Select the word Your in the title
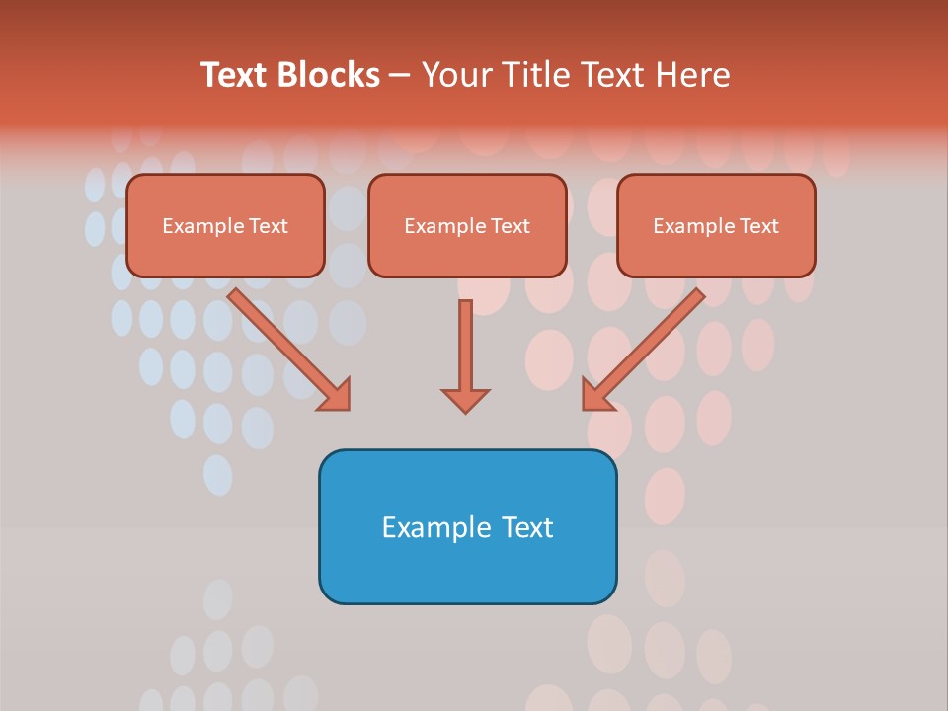(x=455, y=75)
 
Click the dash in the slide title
(x=400, y=75)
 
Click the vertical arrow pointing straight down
(x=465, y=346)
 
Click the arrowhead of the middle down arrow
(x=465, y=399)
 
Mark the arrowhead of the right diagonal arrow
(x=595, y=395)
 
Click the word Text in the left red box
(x=268, y=226)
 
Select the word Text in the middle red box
(x=510, y=226)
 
